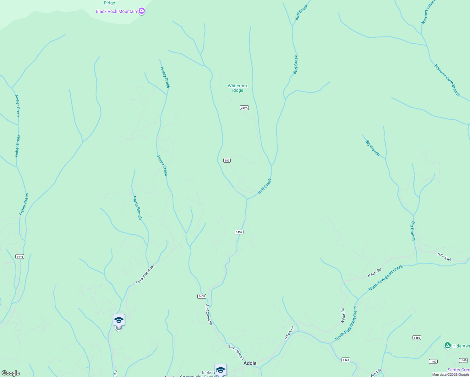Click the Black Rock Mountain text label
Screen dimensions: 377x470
(x=116, y=12)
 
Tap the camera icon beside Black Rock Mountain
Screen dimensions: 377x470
(x=142, y=11)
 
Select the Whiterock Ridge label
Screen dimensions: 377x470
(x=238, y=88)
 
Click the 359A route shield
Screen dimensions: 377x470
(x=244, y=108)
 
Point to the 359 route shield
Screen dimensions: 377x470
(x=227, y=161)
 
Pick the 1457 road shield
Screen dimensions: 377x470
(x=239, y=232)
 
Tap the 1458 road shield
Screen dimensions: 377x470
(x=201, y=296)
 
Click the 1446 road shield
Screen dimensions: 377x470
(x=20, y=257)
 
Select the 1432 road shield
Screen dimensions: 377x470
(x=346, y=360)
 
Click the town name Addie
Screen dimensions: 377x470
(x=250, y=363)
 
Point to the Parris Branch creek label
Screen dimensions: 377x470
(x=137, y=208)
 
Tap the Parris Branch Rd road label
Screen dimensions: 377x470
(x=145, y=275)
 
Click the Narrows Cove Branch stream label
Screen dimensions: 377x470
(x=447, y=80)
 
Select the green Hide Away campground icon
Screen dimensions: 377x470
(x=448, y=346)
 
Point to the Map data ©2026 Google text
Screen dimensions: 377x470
(x=451, y=374)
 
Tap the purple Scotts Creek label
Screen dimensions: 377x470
(x=459, y=370)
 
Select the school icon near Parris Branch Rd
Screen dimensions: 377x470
(x=119, y=320)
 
